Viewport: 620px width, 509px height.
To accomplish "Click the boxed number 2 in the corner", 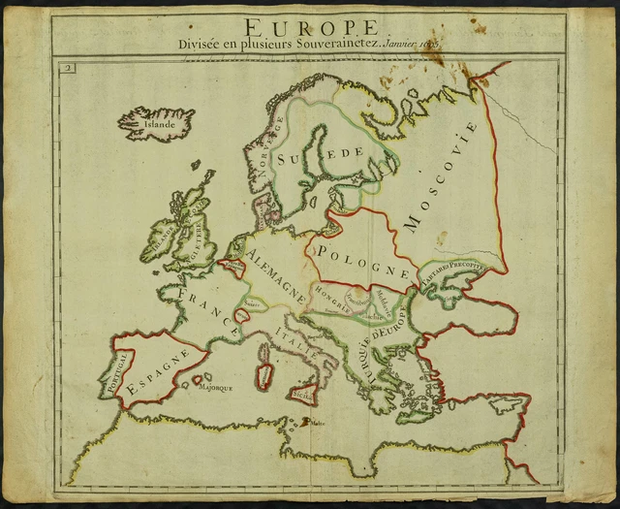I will point(70,67).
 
